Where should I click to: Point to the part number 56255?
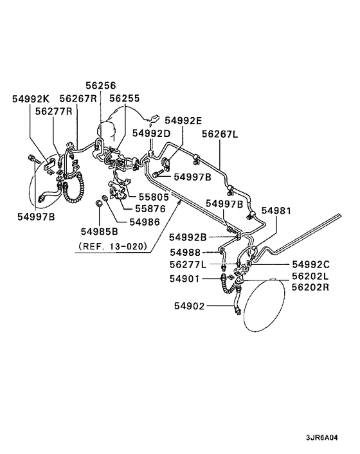tap(123, 99)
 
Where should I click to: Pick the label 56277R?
tap(53, 111)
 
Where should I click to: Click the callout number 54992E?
tap(183, 120)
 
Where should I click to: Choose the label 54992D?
tap(152, 132)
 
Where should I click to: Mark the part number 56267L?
tap(220, 133)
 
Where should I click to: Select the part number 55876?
tap(149, 209)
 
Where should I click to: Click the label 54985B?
tap(100, 231)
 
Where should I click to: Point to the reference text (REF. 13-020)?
tap(113, 246)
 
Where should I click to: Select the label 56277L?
tap(189, 264)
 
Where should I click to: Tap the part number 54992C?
tap(310, 264)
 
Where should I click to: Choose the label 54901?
tap(184, 278)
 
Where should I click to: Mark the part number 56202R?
tap(310, 288)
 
